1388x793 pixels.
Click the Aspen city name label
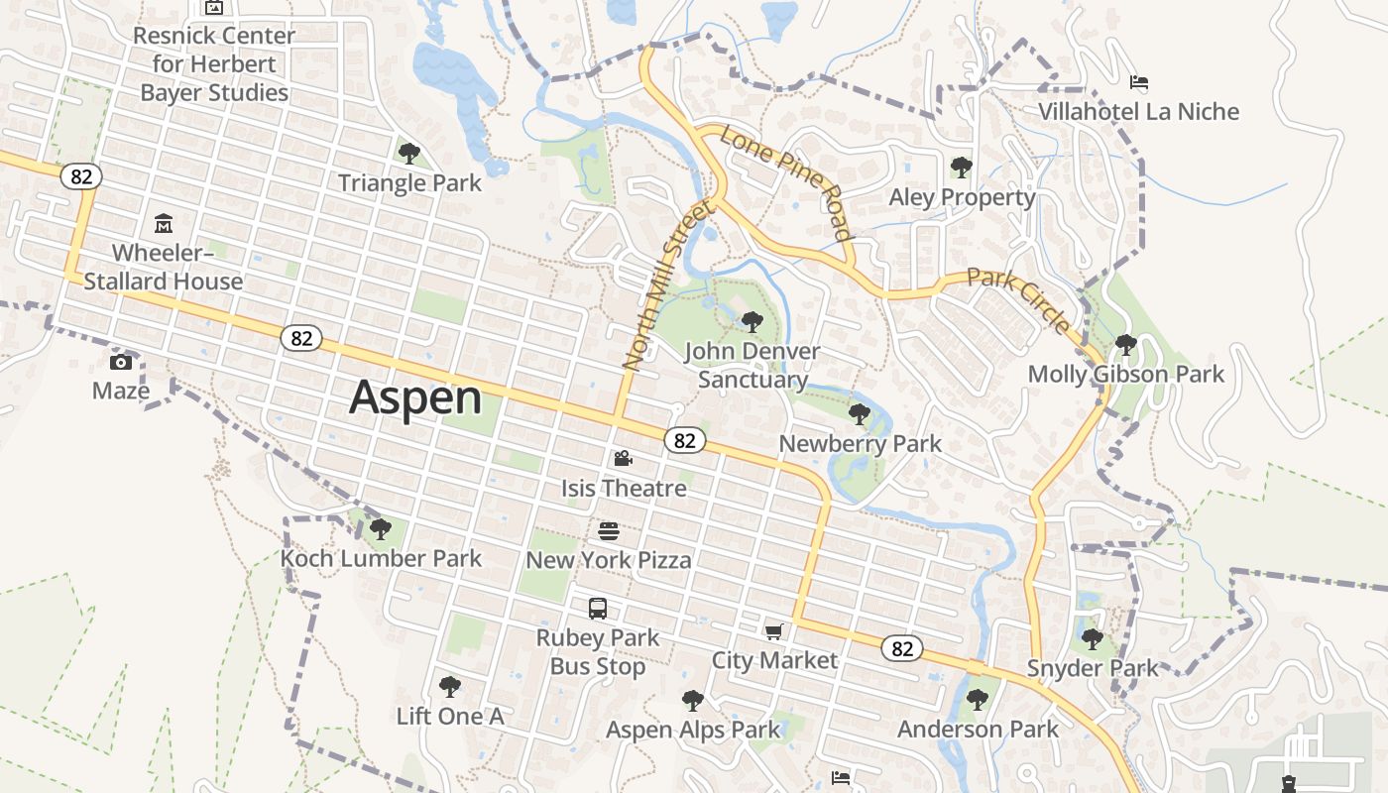415,397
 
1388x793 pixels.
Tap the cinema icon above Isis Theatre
623,459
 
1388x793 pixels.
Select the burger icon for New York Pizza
609,531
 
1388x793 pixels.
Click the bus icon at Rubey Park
597,609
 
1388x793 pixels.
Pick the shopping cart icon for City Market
774,631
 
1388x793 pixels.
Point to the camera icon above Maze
121,362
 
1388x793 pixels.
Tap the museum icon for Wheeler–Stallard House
164,224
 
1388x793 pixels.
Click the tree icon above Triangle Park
408,153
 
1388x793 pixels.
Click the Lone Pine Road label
786,182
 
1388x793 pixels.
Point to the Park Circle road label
1019,300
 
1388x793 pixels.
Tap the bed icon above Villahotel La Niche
1139,82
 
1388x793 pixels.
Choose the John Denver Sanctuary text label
752,365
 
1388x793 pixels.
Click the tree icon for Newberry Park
860,414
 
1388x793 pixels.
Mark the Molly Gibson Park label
1125,375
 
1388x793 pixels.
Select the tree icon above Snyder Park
1092,639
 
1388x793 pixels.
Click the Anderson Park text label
978,730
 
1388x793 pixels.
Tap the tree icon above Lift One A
450,686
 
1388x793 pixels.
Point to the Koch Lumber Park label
381,558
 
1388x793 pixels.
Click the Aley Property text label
962,197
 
